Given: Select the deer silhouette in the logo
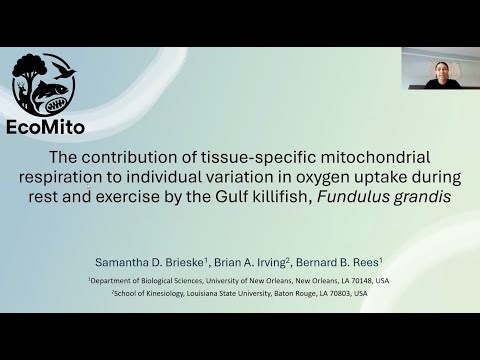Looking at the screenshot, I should [x=22, y=92].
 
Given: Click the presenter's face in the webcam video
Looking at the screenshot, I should [x=441, y=71].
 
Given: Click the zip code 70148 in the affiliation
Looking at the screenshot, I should [x=329, y=281].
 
